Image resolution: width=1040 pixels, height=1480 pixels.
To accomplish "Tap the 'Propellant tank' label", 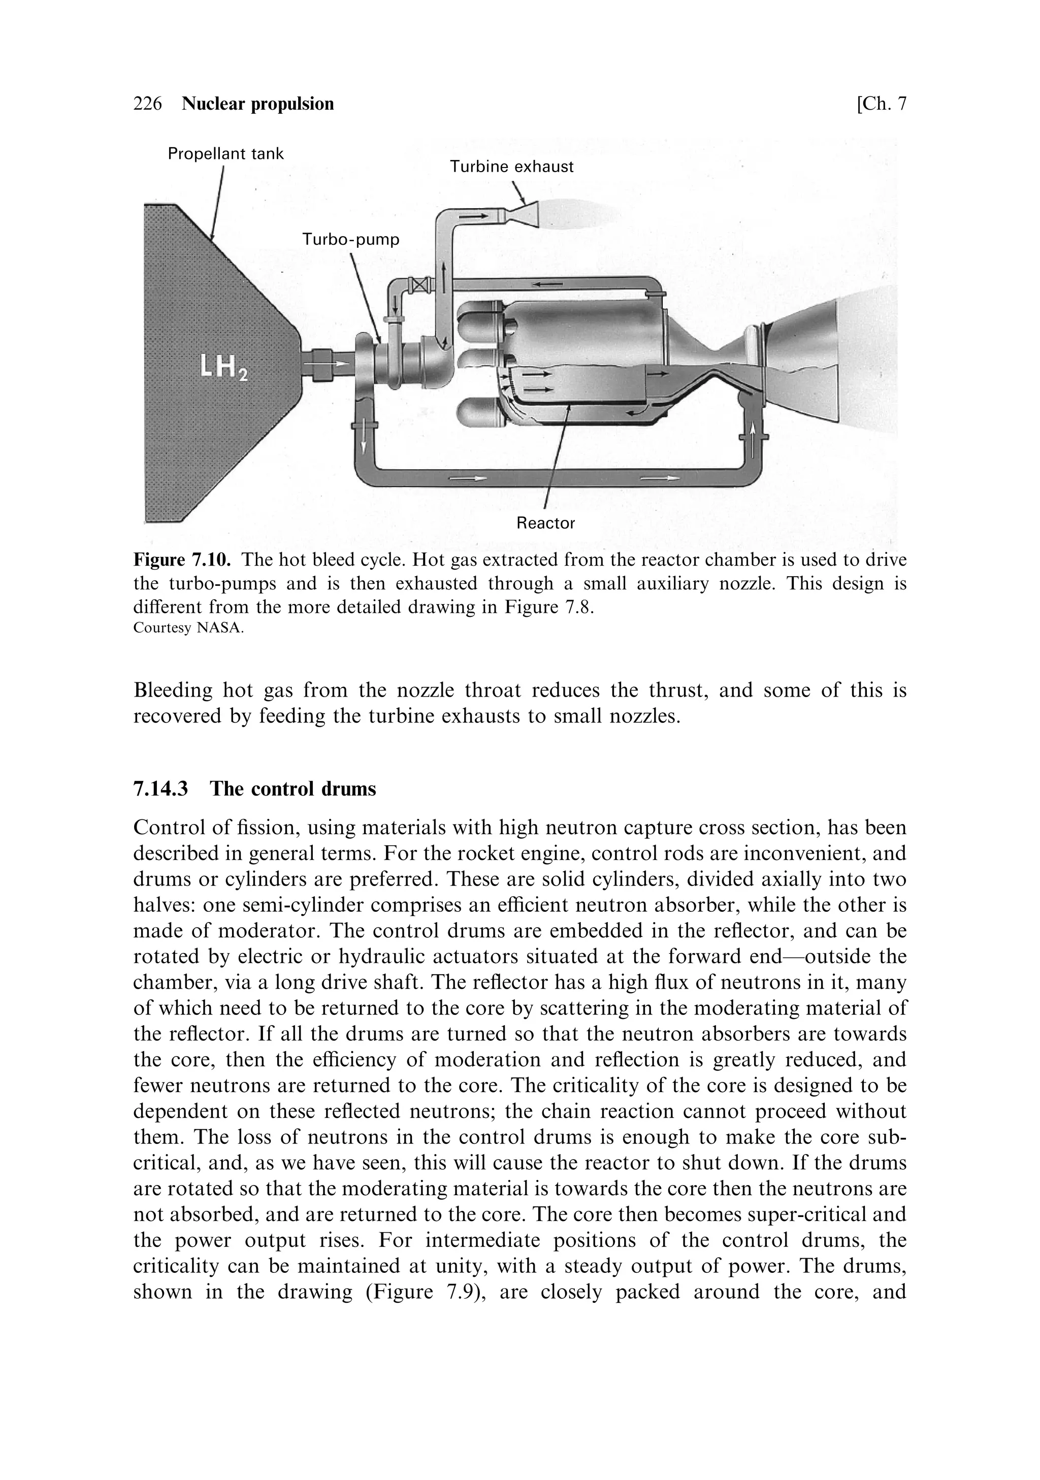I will (x=225, y=154).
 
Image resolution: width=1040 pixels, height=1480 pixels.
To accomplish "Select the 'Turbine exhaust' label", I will (x=511, y=167).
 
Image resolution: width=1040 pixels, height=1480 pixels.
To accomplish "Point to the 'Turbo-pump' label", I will (x=351, y=240).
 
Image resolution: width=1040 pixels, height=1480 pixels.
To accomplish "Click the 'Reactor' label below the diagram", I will (x=545, y=523).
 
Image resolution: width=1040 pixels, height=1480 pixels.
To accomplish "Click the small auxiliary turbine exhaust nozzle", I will (x=524, y=213).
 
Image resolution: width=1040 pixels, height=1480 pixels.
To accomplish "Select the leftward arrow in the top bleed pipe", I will (x=545, y=284).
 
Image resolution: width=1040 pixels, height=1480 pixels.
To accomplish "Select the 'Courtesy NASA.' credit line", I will (x=188, y=628).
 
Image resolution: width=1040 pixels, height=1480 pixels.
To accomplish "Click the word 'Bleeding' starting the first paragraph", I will (x=172, y=690).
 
